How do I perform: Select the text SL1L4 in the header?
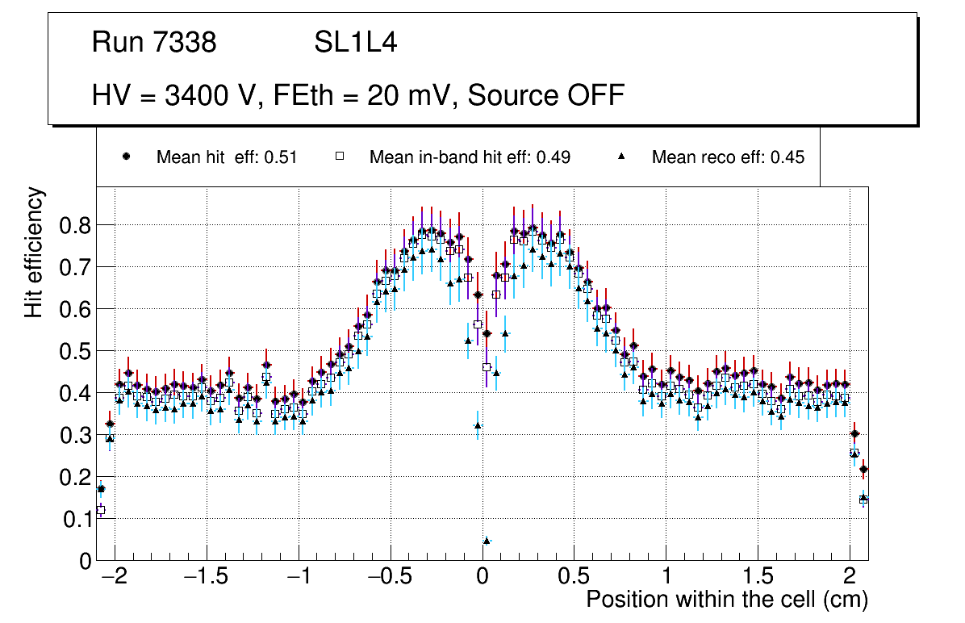coord(355,43)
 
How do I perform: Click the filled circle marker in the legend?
coord(125,157)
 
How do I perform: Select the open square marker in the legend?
coord(340,157)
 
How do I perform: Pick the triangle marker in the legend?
coord(622,157)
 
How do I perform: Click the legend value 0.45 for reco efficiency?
coord(787,157)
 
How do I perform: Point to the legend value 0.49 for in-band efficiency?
coord(554,157)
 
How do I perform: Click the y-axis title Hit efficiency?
coord(34,252)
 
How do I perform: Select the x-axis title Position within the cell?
coord(726,600)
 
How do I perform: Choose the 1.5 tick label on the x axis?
coord(758,578)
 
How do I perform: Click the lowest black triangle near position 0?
coord(487,540)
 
